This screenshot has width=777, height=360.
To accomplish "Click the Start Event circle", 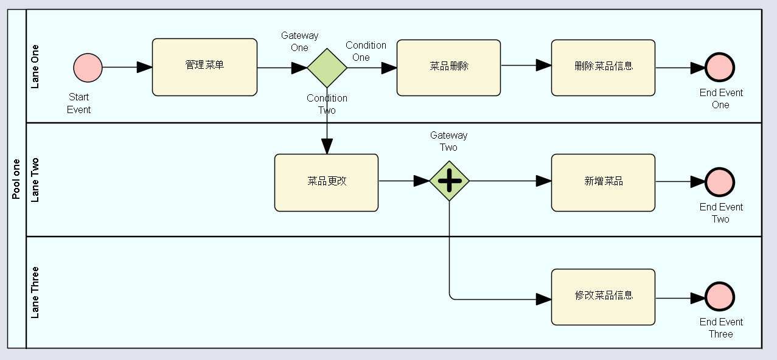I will click(x=88, y=67).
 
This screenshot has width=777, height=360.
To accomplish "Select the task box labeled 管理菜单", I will click(x=204, y=67).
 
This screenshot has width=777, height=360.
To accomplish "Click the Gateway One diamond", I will click(x=327, y=68).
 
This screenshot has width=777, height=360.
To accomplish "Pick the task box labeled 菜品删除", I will click(x=448, y=68).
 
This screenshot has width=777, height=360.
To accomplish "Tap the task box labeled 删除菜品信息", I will click(x=603, y=68).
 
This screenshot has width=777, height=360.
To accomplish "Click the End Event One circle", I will click(x=720, y=68).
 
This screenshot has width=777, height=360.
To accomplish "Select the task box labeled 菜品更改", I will click(x=326, y=182).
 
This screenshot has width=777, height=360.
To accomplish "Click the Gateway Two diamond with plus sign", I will click(x=449, y=181).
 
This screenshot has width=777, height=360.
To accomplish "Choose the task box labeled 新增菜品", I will click(x=603, y=182).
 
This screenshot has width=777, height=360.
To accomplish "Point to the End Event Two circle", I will click(x=720, y=182).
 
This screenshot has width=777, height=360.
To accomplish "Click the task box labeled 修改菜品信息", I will click(x=603, y=297).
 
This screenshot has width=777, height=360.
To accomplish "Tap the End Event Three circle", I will click(x=720, y=297).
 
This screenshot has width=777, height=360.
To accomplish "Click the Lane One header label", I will click(x=35, y=66).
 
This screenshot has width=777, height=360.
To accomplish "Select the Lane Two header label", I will click(x=35, y=180).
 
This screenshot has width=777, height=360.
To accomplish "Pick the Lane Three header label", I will click(x=35, y=292).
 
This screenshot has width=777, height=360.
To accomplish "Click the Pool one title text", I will click(x=16, y=179).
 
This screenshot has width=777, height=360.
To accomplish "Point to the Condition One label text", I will click(x=365, y=51).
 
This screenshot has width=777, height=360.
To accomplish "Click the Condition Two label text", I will click(x=327, y=104).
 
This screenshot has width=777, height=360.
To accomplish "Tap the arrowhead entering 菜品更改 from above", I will click(x=327, y=147).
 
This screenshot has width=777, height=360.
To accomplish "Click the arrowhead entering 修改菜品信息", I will click(x=543, y=299).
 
